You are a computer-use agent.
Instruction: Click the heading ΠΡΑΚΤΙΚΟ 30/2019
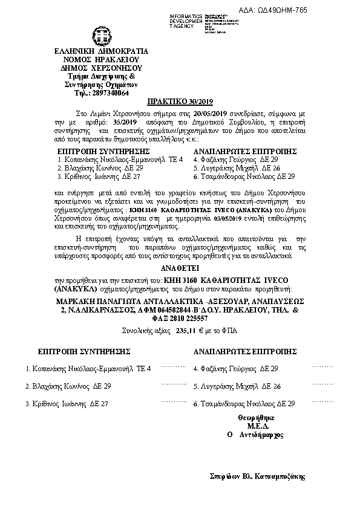[180, 102]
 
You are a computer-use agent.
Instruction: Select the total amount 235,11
[188, 331]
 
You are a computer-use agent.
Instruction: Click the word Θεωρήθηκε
[257, 418]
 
